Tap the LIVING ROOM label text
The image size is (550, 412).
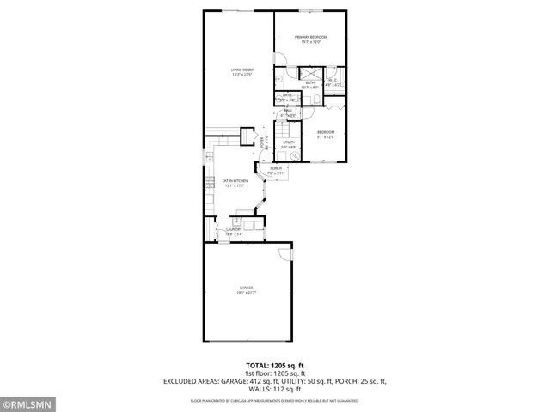click(x=241, y=71)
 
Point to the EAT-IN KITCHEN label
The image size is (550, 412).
click(x=235, y=182)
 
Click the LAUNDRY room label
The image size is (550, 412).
click(x=234, y=231)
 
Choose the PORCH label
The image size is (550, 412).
click(x=276, y=170)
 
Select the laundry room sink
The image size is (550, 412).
click(x=252, y=227)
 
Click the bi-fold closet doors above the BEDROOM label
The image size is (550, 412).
click(x=333, y=107)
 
